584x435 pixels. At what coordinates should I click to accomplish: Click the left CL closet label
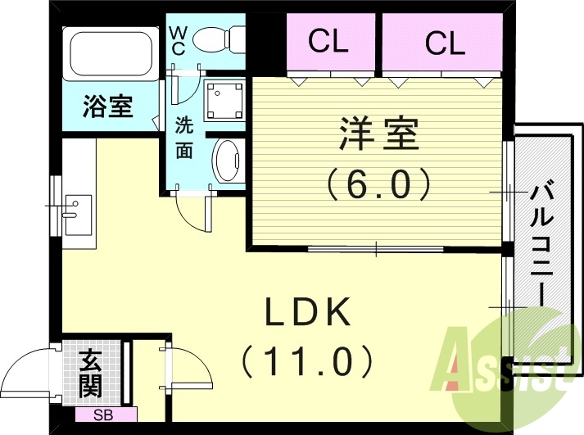[x=328, y=43]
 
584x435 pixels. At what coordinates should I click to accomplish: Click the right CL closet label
[x=445, y=43]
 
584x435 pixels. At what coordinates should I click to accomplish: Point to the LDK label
[x=308, y=312]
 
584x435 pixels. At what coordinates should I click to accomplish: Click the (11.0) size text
[x=308, y=360]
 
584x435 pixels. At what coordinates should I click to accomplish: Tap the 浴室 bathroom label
[x=108, y=107]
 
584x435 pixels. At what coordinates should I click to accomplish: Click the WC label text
[x=178, y=40]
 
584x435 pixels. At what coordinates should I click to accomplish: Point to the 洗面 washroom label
[x=184, y=138]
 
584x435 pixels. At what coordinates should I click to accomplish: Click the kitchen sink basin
[x=79, y=215]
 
